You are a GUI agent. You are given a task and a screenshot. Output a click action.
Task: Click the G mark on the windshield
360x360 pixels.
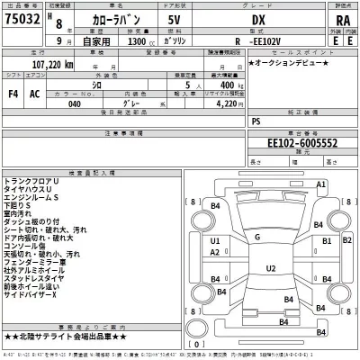click(x=258, y=237)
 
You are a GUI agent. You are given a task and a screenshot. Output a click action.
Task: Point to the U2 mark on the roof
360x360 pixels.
click(x=269, y=268)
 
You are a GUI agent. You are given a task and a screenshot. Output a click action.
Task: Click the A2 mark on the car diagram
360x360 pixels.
click(x=215, y=253)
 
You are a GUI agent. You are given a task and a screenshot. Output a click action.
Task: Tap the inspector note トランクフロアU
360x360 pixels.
click(x=42, y=208)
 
